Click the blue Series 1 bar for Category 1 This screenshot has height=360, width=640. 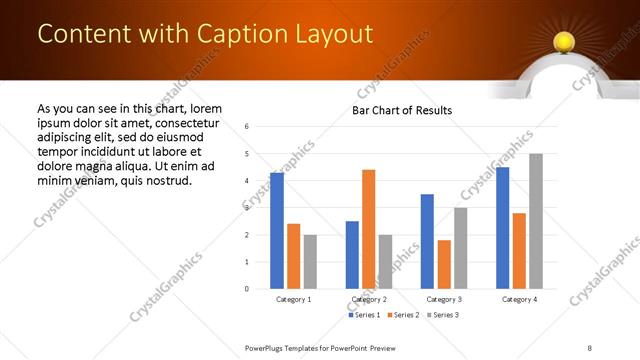pyautogui.click(x=277, y=231)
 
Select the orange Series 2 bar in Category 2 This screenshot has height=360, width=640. pyautogui.click(x=369, y=229)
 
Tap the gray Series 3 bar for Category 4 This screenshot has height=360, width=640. pyautogui.click(x=536, y=221)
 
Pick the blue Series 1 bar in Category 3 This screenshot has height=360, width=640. pyautogui.click(x=427, y=241)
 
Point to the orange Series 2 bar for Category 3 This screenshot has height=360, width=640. pyautogui.click(x=444, y=264)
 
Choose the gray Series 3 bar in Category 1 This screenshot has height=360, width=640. pyautogui.click(x=310, y=262)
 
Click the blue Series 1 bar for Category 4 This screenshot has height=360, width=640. pyautogui.click(x=502, y=228)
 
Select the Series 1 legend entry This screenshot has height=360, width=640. pyautogui.click(x=364, y=315)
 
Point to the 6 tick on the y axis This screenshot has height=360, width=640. pyautogui.click(x=247, y=126)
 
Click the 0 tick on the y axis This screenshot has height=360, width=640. pyautogui.click(x=247, y=289)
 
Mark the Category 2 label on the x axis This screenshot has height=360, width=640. pyautogui.click(x=369, y=299)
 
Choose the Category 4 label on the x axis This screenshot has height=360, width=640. pyautogui.click(x=519, y=299)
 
